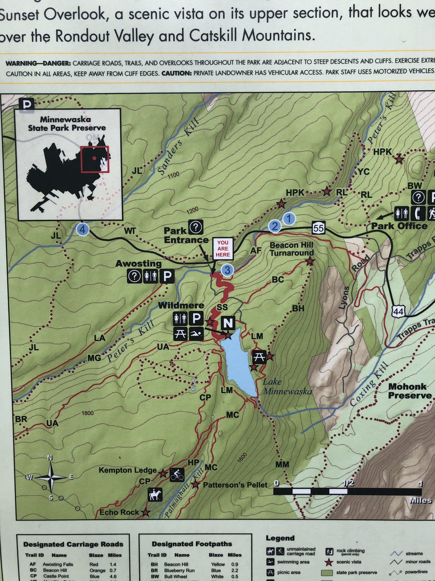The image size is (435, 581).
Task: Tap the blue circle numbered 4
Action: click(x=83, y=229)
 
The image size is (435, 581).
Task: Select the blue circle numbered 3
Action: click(x=227, y=269)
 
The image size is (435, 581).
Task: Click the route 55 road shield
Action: click(x=317, y=228)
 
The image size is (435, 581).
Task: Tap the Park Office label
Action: click(x=399, y=226)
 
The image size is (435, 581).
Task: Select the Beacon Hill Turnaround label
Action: click(x=291, y=249)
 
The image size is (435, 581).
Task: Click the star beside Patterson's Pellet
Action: click(x=195, y=485)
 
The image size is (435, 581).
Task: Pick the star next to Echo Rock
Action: click(x=145, y=512)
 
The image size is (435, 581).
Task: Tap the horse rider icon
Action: click(x=155, y=494)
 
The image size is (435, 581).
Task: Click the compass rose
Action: click(x=50, y=477)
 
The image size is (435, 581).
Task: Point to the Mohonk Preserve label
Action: click(x=410, y=391)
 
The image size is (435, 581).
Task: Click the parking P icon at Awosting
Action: click(x=167, y=276)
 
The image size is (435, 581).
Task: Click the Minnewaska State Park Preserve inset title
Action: click(x=67, y=123)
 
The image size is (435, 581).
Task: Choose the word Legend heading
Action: click(x=280, y=538)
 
